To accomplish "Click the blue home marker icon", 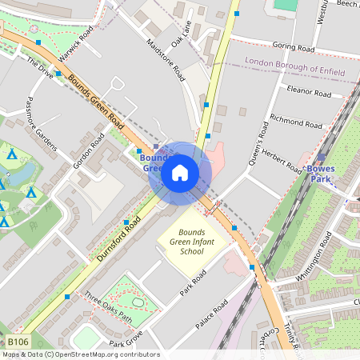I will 180,172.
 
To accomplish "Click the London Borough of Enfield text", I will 295,66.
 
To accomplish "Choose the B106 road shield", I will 19,342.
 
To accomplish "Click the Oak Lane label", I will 182,32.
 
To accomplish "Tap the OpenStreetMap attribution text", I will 80,354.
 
